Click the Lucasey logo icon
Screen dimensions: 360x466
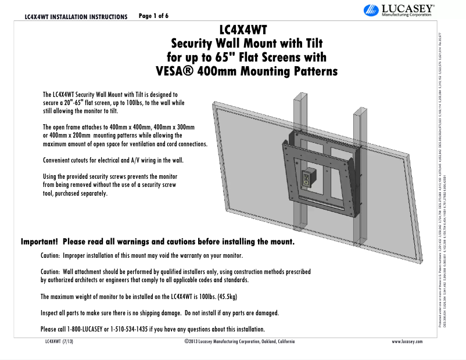coord(370,10)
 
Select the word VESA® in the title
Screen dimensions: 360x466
coord(177,72)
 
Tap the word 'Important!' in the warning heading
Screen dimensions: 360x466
coord(40,241)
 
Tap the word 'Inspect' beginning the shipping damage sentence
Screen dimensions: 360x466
coord(51,313)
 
